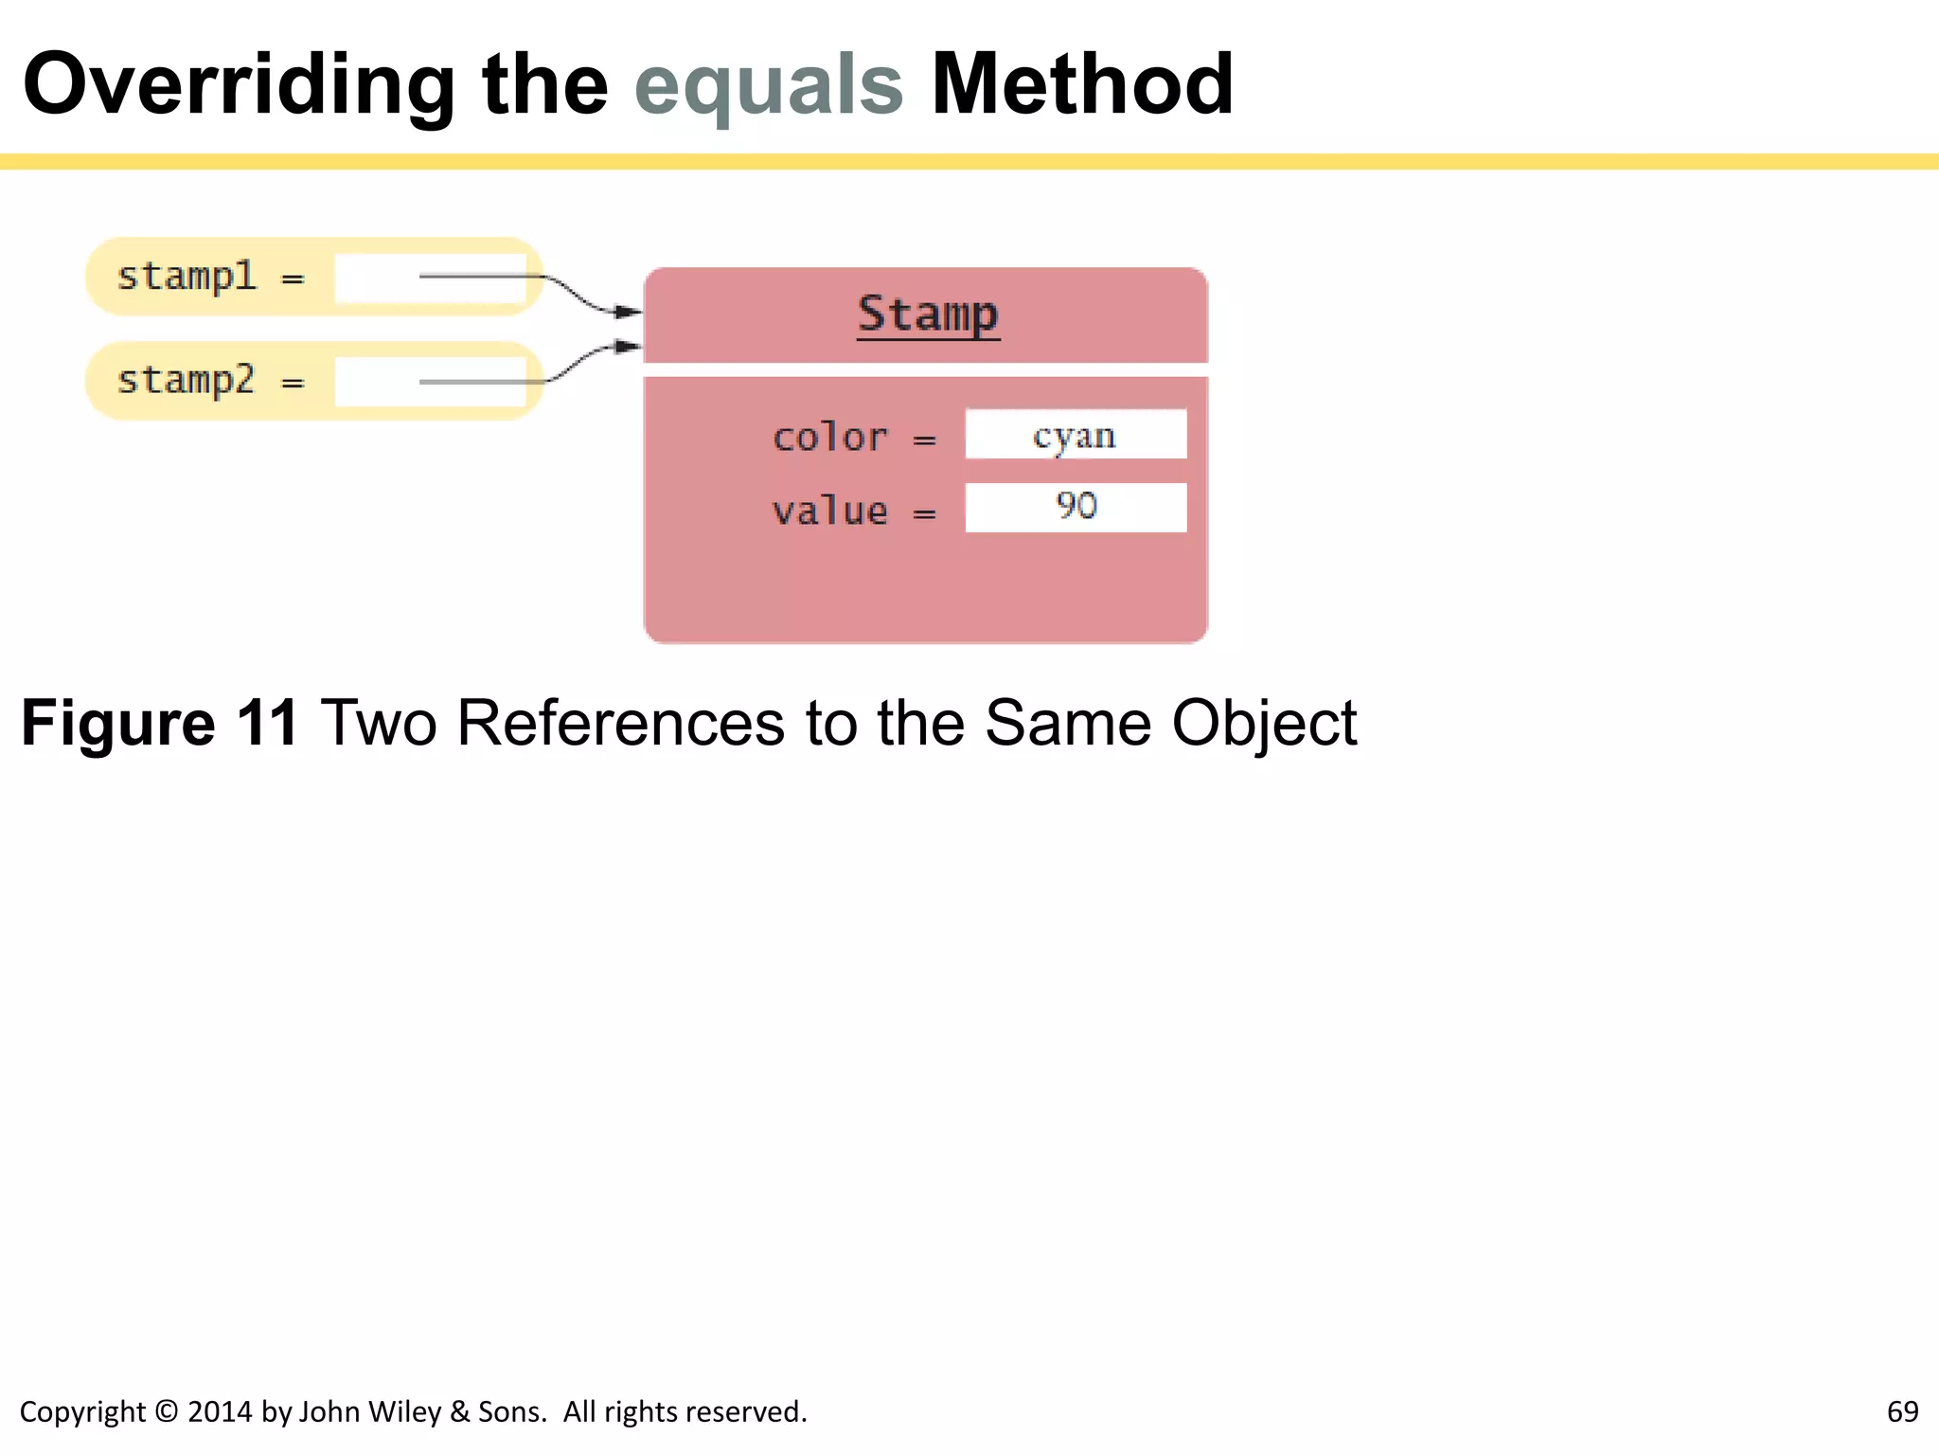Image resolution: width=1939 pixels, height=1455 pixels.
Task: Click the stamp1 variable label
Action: [187, 277]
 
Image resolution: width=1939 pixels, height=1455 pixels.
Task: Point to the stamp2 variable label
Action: [187, 380]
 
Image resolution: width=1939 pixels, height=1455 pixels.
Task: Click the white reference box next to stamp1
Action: [430, 278]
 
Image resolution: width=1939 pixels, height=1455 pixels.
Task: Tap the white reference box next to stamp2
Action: [430, 382]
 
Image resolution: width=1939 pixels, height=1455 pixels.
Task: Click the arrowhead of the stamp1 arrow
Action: [629, 311]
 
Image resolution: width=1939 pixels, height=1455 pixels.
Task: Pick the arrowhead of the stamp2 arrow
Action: [629, 347]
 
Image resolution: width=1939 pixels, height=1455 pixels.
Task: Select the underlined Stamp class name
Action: [928, 314]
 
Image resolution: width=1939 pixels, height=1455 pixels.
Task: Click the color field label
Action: [830, 438]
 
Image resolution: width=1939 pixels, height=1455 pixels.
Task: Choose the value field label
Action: [830, 512]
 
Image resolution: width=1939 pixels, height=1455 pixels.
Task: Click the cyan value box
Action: [1076, 435]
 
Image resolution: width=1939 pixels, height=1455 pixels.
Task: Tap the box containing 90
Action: [1076, 508]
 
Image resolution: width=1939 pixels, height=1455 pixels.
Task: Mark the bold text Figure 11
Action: [160, 724]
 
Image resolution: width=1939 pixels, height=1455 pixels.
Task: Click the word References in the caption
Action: [620, 724]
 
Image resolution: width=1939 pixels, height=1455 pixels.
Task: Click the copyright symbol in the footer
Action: [167, 1411]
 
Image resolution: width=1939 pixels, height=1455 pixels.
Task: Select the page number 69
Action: [1902, 1411]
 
